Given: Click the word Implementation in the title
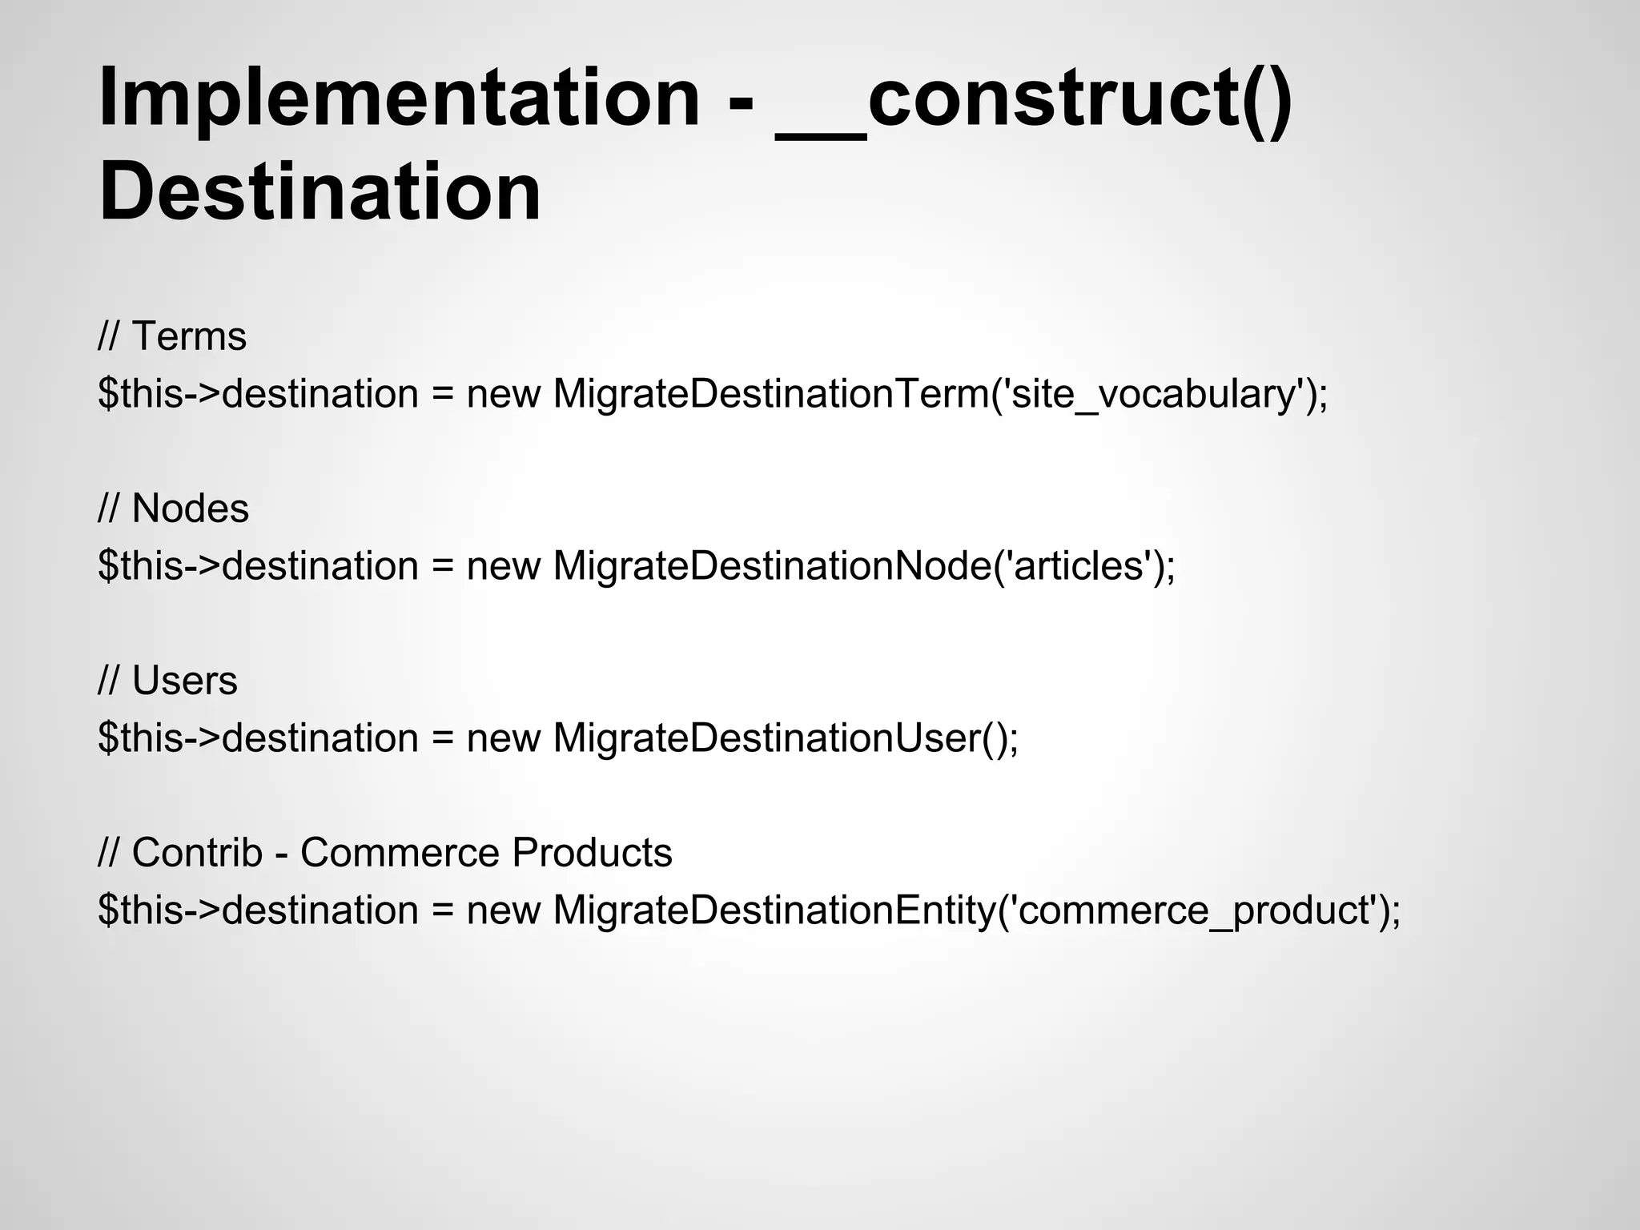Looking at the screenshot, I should pyautogui.click(x=399, y=98).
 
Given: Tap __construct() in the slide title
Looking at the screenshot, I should pyautogui.click(x=1033, y=98).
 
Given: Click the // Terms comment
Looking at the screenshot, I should pyautogui.click(x=172, y=336).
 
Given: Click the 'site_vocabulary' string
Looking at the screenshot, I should pyautogui.click(x=1154, y=394).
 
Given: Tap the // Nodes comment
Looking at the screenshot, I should pyautogui.click(x=173, y=508).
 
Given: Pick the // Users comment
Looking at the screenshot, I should pyautogui.click(x=167, y=681).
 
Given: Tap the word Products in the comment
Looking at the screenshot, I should pyautogui.click(x=592, y=853).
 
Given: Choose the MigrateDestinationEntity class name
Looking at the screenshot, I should pyautogui.click(x=774, y=910).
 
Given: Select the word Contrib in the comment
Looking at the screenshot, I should pyautogui.click(x=197, y=853).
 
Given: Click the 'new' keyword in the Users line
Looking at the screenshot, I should pyautogui.click(x=504, y=738).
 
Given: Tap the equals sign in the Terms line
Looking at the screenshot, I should pyautogui.click(x=443, y=394).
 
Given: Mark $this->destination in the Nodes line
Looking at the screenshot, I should pyautogui.click(x=258, y=566).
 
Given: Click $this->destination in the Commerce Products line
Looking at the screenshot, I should pyautogui.click(x=258, y=910).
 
